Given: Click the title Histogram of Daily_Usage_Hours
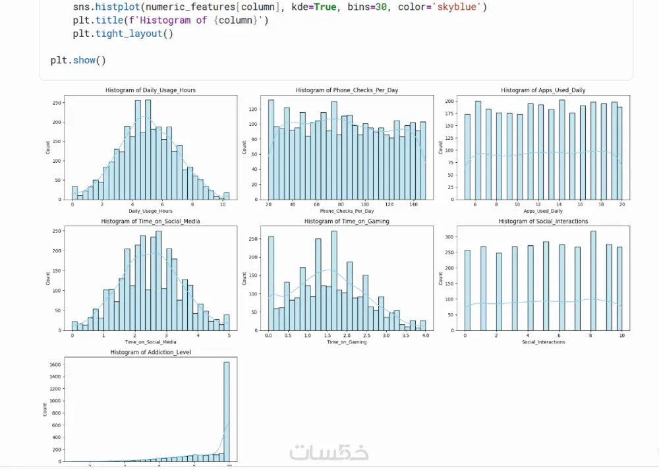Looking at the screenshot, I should click(150, 90).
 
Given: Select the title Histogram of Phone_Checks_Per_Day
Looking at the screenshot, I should click(347, 90).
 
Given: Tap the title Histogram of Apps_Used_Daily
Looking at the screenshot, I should click(543, 90).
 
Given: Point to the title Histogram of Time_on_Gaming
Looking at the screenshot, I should click(347, 221).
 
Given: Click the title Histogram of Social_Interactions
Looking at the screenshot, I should click(543, 221).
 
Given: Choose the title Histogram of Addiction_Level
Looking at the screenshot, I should click(150, 353).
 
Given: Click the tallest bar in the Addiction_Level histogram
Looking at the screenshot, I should click(227, 409).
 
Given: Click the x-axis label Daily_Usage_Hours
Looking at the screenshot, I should click(150, 211).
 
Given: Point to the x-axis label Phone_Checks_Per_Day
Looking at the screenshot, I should click(347, 211).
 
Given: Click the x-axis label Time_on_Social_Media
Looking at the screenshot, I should click(150, 342).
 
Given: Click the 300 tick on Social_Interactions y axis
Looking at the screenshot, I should click(449, 236).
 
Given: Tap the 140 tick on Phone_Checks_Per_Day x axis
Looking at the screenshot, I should click(413, 205).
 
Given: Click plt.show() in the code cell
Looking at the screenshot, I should click(78, 60).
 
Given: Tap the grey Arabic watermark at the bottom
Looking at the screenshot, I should click(329, 452).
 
